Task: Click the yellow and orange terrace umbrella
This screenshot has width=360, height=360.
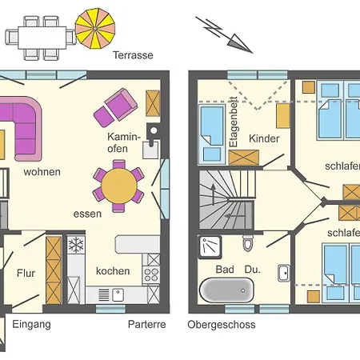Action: (x=95, y=29)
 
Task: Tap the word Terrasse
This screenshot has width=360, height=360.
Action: (x=133, y=55)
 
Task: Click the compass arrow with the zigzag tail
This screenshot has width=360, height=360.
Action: (x=224, y=35)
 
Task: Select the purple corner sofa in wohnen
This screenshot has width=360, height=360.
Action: (x=21, y=129)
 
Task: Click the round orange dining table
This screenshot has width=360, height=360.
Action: (x=119, y=186)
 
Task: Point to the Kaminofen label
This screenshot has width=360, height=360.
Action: (x=124, y=142)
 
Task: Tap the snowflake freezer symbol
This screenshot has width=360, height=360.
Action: (x=76, y=245)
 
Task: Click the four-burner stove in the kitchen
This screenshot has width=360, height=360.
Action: (x=151, y=274)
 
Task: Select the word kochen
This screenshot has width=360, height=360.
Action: (x=113, y=271)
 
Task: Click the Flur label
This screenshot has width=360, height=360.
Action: (x=26, y=273)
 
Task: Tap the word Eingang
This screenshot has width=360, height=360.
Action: (x=31, y=325)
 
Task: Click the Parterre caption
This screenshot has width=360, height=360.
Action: (x=147, y=324)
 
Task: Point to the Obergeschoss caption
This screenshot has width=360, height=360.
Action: (x=222, y=325)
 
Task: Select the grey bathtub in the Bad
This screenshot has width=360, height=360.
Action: (x=226, y=290)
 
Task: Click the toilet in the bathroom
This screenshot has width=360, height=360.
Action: (x=248, y=243)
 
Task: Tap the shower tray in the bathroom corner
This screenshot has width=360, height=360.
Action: (x=210, y=247)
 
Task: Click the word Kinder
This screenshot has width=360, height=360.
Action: (x=264, y=138)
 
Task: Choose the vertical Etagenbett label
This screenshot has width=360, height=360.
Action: (x=234, y=122)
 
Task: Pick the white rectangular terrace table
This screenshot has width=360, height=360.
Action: (x=42, y=38)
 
